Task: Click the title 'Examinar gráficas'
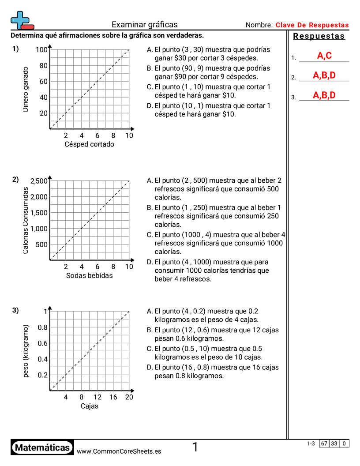click(144, 25)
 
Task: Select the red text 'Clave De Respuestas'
click(312, 25)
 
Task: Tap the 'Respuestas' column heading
click(319, 36)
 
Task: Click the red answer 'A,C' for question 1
click(324, 56)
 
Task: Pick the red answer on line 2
click(324, 75)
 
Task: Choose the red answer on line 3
click(324, 95)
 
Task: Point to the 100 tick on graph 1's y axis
click(41, 50)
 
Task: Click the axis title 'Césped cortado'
click(89, 144)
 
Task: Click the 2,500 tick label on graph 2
click(39, 181)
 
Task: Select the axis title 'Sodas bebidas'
click(89, 275)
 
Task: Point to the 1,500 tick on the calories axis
click(39, 213)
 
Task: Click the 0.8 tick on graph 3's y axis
click(42, 327)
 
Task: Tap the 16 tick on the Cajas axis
click(113, 397)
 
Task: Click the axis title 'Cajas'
click(89, 406)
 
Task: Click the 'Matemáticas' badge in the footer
click(42, 447)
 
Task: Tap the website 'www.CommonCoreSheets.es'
click(119, 451)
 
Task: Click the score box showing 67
click(324, 443)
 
